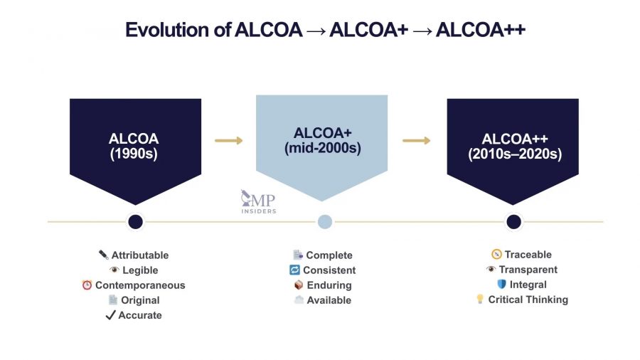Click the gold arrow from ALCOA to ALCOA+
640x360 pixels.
[x=228, y=140]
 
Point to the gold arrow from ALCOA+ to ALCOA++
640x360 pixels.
[x=417, y=140]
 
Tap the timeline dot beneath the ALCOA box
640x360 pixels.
[x=135, y=222]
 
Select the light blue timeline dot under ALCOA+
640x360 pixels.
[x=324, y=222]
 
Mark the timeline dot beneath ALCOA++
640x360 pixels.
[x=513, y=222]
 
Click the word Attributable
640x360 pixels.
[x=140, y=255]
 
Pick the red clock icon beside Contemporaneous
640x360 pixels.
[x=87, y=285]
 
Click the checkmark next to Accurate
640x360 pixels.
[x=110, y=315]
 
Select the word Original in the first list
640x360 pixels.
[x=140, y=300]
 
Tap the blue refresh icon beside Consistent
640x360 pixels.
[x=294, y=270]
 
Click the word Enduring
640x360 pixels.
[x=329, y=285]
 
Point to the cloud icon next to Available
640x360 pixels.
[x=299, y=300]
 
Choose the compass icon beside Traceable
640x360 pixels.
[x=496, y=254]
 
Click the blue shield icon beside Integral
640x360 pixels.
[x=501, y=285]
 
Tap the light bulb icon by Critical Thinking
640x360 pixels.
[x=480, y=300]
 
